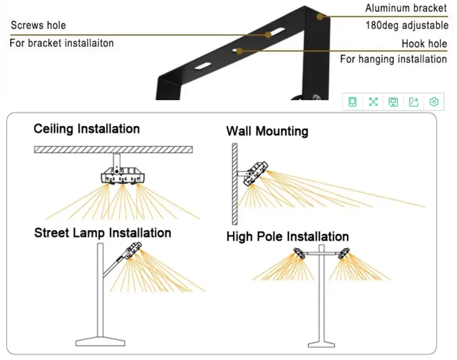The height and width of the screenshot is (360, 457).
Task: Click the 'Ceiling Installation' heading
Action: click(87, 129)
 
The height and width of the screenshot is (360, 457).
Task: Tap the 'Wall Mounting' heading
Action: click(267, 131)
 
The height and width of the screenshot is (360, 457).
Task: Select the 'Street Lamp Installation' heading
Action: click(103, 233)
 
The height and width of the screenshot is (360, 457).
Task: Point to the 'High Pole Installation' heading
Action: click(287, 237)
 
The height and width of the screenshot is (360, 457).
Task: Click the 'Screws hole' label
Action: click(38, 25)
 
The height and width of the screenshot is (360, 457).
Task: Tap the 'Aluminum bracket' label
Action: click(406, 8)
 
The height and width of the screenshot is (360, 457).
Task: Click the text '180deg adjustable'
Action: click(407, 25)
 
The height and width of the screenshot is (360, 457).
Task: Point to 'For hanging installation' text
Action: click(393, 60)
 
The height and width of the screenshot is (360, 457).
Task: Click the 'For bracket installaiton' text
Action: click(62, 43)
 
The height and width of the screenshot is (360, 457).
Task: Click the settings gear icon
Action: click(434, 102)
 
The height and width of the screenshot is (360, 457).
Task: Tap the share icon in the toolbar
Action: click(414, 102)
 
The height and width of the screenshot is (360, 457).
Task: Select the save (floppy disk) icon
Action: click(393, 102)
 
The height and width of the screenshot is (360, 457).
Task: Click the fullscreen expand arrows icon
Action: click(373, 102)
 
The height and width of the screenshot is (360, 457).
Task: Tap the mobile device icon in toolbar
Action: click(353, 102)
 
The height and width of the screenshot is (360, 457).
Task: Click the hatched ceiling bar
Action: click(113, 149)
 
